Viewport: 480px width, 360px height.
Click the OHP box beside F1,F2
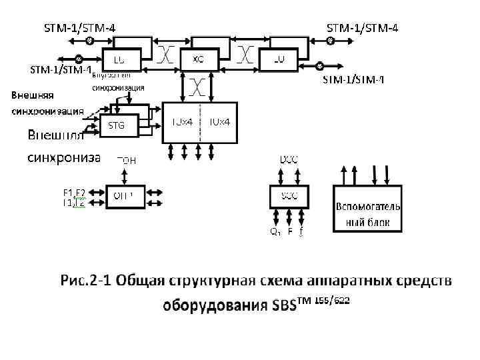tap(125, 195)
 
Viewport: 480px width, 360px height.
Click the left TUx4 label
tap(182, 122)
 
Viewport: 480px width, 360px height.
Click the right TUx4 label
tap(219, 122)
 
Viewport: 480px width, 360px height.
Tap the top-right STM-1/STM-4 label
tap(362, 28)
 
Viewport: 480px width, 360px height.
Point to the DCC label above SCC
tap(289, 159)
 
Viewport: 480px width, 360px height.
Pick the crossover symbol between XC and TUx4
tap(198, 86)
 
